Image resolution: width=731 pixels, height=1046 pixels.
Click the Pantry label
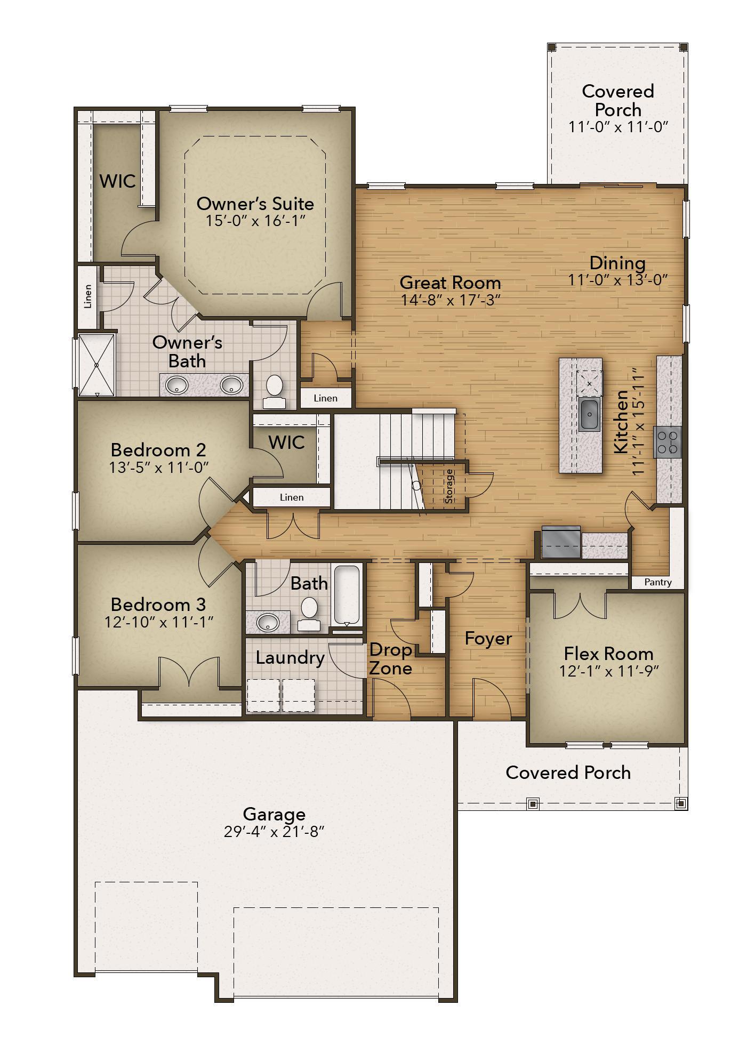point(657,582)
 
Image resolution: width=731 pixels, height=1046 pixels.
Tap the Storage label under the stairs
point(449,486)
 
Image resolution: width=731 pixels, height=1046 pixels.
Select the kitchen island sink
point(589,413)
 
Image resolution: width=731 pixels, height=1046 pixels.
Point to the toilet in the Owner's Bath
point(274,391)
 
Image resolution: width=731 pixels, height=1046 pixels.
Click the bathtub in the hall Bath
point(347,596)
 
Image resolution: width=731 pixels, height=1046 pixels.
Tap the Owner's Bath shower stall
point(97,365)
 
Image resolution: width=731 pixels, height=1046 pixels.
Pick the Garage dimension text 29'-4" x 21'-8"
point(274,832)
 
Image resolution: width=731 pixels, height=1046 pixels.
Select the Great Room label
point(451,282)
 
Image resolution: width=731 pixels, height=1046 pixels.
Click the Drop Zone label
point(391,659)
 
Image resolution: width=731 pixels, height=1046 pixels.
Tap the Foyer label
point(488,639)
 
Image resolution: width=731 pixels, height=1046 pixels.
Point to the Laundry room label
point(290,658)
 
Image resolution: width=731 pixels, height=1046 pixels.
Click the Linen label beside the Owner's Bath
point(88,296)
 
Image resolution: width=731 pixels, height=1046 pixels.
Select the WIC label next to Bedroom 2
point(287,442)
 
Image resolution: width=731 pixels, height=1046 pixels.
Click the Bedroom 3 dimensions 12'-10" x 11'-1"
point(159,622)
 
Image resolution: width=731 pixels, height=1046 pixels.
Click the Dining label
point(617,263)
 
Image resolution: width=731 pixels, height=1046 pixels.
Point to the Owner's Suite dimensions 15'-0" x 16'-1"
point(256,220)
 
